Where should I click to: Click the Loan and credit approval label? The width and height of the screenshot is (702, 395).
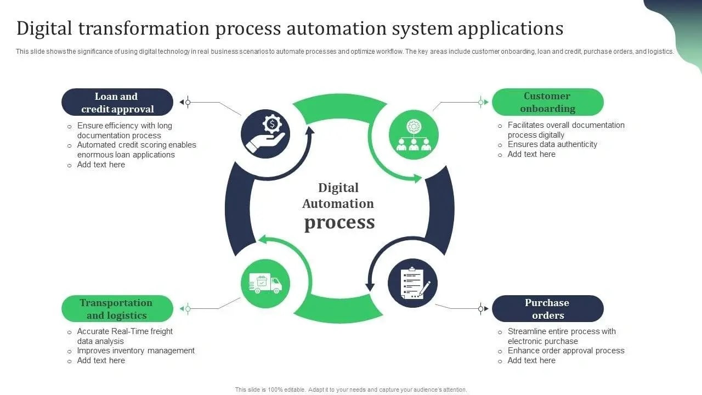click(117, 103)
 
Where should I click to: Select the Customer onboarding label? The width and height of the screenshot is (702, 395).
click(547, 102)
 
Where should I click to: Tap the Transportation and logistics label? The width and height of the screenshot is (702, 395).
click(117, 309)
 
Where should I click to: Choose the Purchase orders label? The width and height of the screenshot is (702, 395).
click(547, 309)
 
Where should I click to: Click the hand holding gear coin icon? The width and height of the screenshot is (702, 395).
click(265, 134)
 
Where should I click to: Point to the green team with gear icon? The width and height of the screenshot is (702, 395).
click(414, 134)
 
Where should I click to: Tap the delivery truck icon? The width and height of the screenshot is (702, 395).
click(265, 283)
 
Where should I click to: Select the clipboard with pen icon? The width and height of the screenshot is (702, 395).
click(413, 283)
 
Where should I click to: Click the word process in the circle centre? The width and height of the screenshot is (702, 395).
click(339, 222)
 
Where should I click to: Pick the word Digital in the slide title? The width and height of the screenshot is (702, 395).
click(46, 29)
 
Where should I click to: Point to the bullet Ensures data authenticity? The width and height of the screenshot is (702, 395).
click(552, 144)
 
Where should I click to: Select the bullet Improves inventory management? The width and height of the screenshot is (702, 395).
click(135, 351)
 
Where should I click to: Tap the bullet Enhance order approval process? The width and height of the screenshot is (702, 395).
click(566, 351)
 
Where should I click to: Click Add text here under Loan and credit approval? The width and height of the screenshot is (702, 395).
click(101, 165)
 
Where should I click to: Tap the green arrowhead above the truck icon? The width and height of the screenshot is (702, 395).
click(262, 239)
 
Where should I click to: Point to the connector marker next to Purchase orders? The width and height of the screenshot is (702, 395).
click(480, 309)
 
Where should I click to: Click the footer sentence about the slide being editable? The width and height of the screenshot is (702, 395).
click(351, 390)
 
